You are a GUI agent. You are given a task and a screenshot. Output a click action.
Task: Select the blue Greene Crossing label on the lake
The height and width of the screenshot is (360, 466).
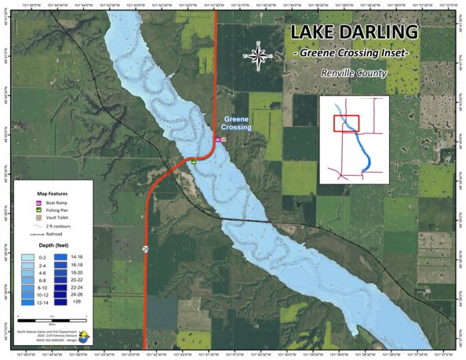[235, 123]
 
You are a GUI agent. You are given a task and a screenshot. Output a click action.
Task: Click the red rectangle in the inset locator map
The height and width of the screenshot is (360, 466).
[346, 123]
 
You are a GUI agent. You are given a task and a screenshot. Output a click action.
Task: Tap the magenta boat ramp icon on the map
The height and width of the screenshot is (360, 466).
[218, 140]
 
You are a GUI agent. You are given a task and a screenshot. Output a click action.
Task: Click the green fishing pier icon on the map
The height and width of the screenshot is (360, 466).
[192, 162]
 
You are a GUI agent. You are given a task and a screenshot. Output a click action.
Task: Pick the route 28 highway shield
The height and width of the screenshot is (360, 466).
[145, 249]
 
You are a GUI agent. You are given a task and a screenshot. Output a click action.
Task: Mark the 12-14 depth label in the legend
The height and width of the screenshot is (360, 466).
[47, 301]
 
